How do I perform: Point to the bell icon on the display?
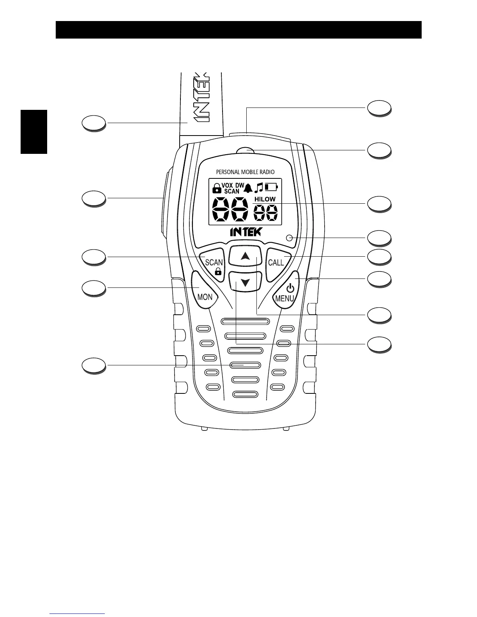[248, 189]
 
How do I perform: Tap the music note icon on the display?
[259, 188]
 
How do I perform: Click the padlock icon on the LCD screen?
[216, 189]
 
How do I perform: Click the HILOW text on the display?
[265, 199]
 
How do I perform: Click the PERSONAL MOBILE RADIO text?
[245, 172]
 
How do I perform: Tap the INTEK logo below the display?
[246, 232]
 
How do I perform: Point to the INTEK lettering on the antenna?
[203, 97]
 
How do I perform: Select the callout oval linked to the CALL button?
[380, 257]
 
